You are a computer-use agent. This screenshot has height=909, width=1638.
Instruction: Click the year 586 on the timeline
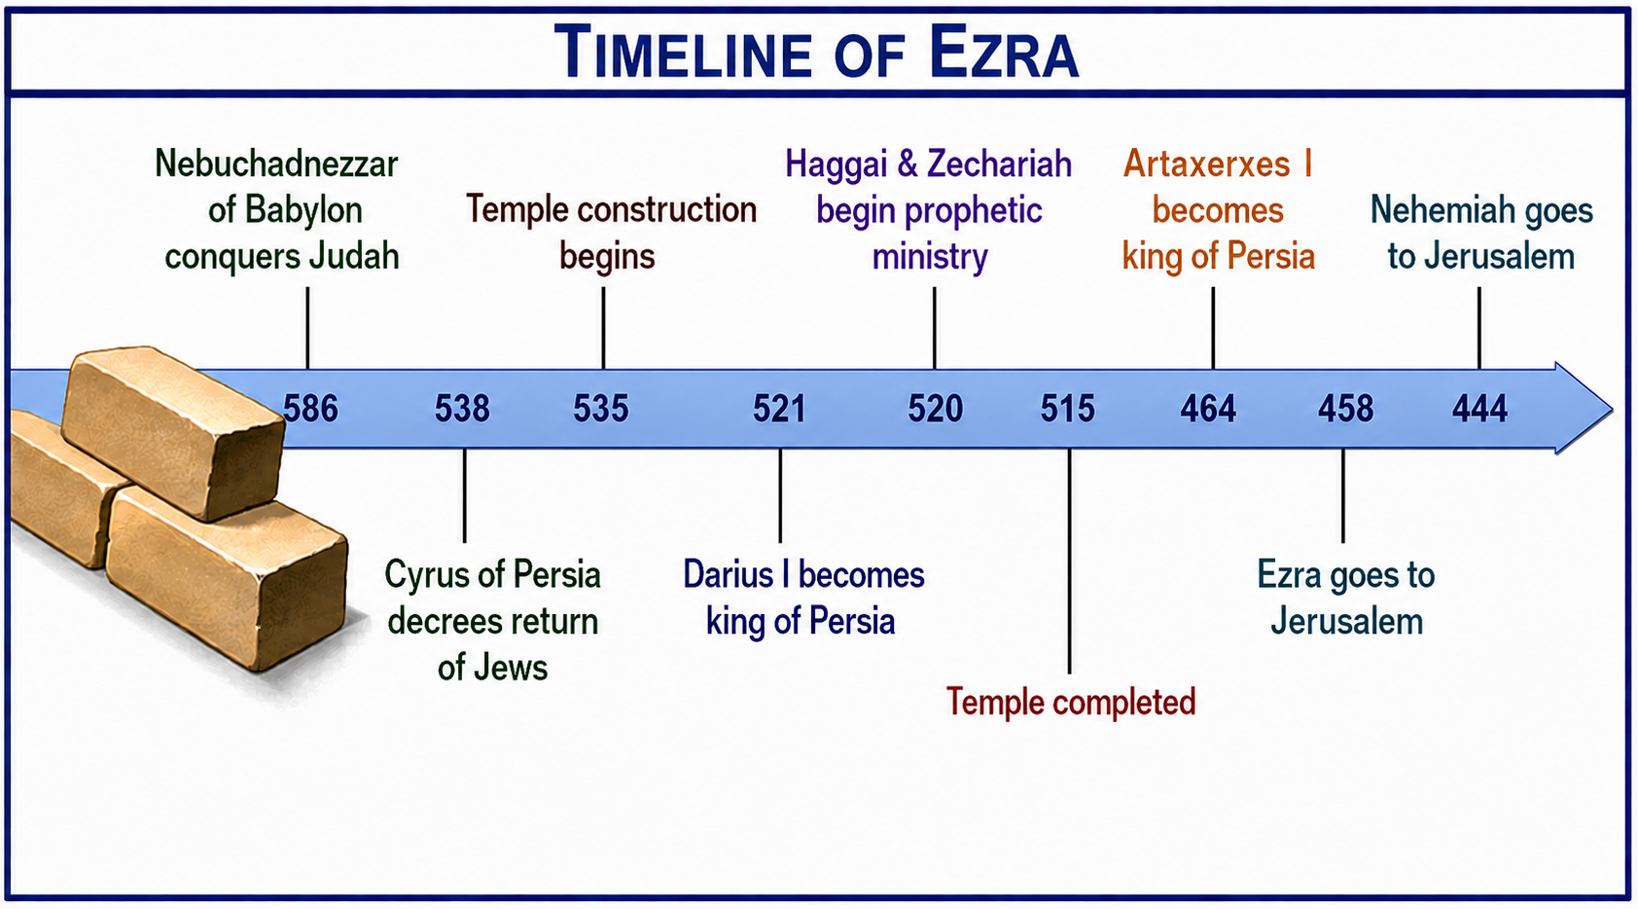pos(311,409)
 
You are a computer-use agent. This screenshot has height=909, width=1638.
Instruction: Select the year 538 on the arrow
pos(462,409)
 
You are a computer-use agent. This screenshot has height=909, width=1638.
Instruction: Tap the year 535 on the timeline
pos(600,409)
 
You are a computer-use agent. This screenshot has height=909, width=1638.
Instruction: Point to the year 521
pos(779,409)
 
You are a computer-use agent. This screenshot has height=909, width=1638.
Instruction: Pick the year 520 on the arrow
pos(936,409)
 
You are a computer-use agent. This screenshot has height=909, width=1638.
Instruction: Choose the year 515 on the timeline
pos(1068,409)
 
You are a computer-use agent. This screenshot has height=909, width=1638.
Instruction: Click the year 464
pos(1208,409)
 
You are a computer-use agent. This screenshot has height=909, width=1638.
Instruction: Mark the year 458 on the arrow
pos(1345,409)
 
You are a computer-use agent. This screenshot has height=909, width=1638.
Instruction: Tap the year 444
pos(1480,409)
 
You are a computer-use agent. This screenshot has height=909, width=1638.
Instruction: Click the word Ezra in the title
pos(1004,53)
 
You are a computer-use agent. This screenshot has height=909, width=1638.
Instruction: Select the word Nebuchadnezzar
pos(276,164)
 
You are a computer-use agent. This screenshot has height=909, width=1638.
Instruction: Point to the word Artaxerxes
pos(1206,164)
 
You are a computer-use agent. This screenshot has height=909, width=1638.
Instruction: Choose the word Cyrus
pos(426,576)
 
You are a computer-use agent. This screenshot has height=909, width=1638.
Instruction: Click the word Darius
pos(729,575)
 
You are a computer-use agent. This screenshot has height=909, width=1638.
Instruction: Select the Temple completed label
pos(1071,703)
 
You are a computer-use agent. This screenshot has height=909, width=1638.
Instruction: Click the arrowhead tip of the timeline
pos(1613,409)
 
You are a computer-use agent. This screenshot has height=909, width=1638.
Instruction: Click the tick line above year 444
pos(1479,328)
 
